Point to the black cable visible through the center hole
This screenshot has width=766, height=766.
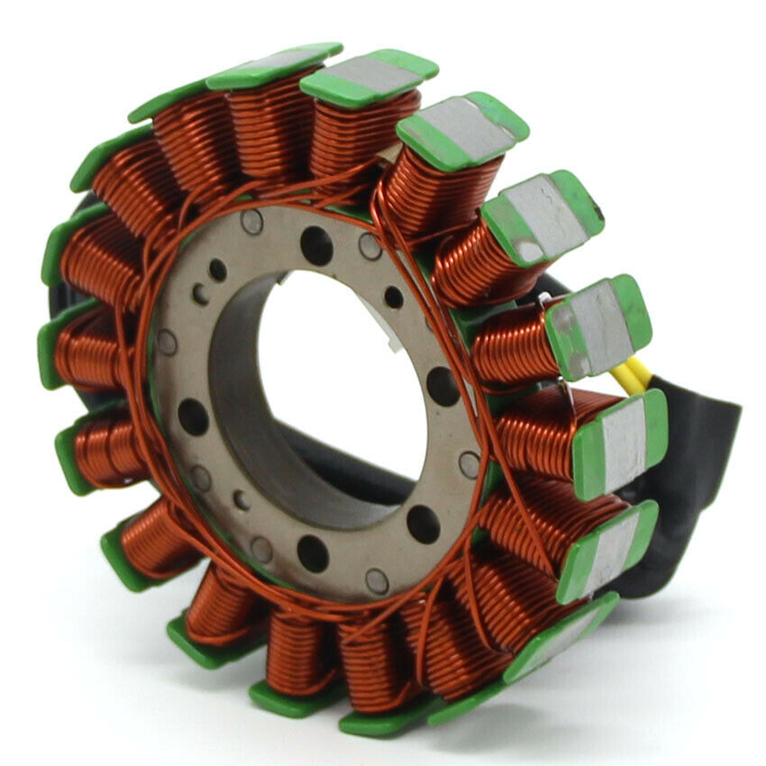click(360, 469)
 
